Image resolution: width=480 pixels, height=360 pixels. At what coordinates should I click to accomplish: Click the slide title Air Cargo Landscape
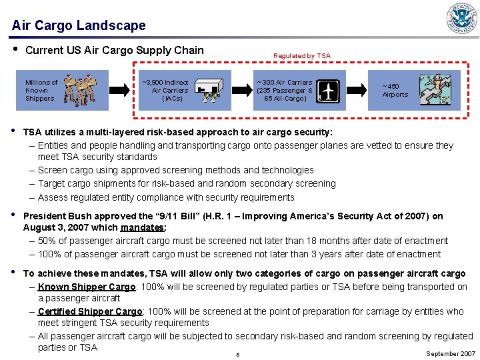79,25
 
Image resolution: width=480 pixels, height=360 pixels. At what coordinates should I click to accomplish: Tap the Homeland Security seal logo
462,19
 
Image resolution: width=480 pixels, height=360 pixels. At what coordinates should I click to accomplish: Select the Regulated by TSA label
301,56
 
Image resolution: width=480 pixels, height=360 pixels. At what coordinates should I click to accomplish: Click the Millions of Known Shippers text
41,91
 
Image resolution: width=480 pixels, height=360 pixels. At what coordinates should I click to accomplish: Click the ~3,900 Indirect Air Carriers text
166,91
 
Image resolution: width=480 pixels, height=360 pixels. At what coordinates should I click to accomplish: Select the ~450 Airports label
395,91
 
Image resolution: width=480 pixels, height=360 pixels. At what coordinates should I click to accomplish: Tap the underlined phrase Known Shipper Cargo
87,287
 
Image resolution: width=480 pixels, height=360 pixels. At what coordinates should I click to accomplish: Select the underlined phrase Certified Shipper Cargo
90,311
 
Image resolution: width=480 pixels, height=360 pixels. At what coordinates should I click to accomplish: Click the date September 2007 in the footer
451,353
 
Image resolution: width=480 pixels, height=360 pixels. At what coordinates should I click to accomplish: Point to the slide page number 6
237,354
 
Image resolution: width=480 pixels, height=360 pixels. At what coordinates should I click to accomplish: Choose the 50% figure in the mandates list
47,241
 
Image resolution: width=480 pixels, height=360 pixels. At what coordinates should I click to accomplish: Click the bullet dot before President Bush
14,215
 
